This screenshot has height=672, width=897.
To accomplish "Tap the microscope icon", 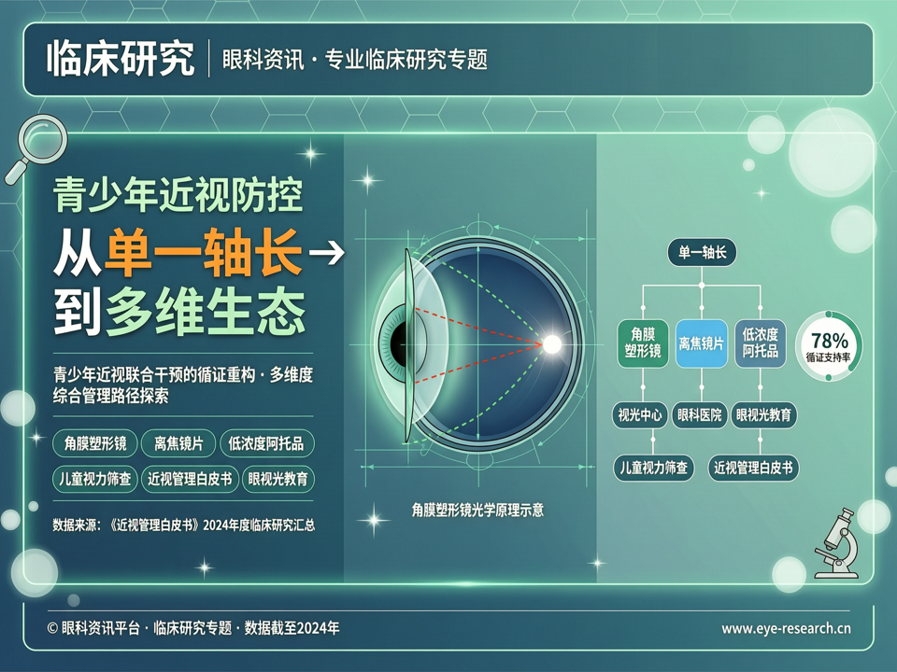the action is [x=837, y=543].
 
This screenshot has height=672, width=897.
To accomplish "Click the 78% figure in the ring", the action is [x=829, y=342].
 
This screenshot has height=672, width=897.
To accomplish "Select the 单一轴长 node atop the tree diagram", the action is [x=702, y=252].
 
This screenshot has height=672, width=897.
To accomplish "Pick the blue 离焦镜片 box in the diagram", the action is [x=702, y=343].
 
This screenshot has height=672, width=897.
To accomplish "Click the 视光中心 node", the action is [x=639, y=414].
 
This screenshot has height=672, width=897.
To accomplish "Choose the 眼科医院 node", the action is [x=699, y=414].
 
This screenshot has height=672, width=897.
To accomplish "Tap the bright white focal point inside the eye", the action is [x=552, y=344].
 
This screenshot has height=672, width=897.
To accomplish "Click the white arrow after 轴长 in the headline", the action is [x=327, y=253].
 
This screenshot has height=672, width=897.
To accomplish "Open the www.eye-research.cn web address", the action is [x=786, y=628].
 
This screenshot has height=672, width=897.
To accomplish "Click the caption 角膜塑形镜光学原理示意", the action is [x=477, y=510].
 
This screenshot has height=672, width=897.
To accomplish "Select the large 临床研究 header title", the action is [x=121, y=58].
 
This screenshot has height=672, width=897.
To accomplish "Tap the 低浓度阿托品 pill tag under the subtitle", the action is [x=266, y=443].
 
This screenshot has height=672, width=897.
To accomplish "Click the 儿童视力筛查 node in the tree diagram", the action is [x=653, y=468].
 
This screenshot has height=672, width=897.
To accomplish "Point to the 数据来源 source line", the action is [x=184, y=525].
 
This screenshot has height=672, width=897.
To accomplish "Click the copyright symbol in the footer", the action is [x=52, y=628].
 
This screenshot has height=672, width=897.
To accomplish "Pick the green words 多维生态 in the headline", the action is [x=205, y=312].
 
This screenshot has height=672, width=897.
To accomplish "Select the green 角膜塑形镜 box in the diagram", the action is [x=643, y=343].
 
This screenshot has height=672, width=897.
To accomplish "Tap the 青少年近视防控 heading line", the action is [x=178, y=195].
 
